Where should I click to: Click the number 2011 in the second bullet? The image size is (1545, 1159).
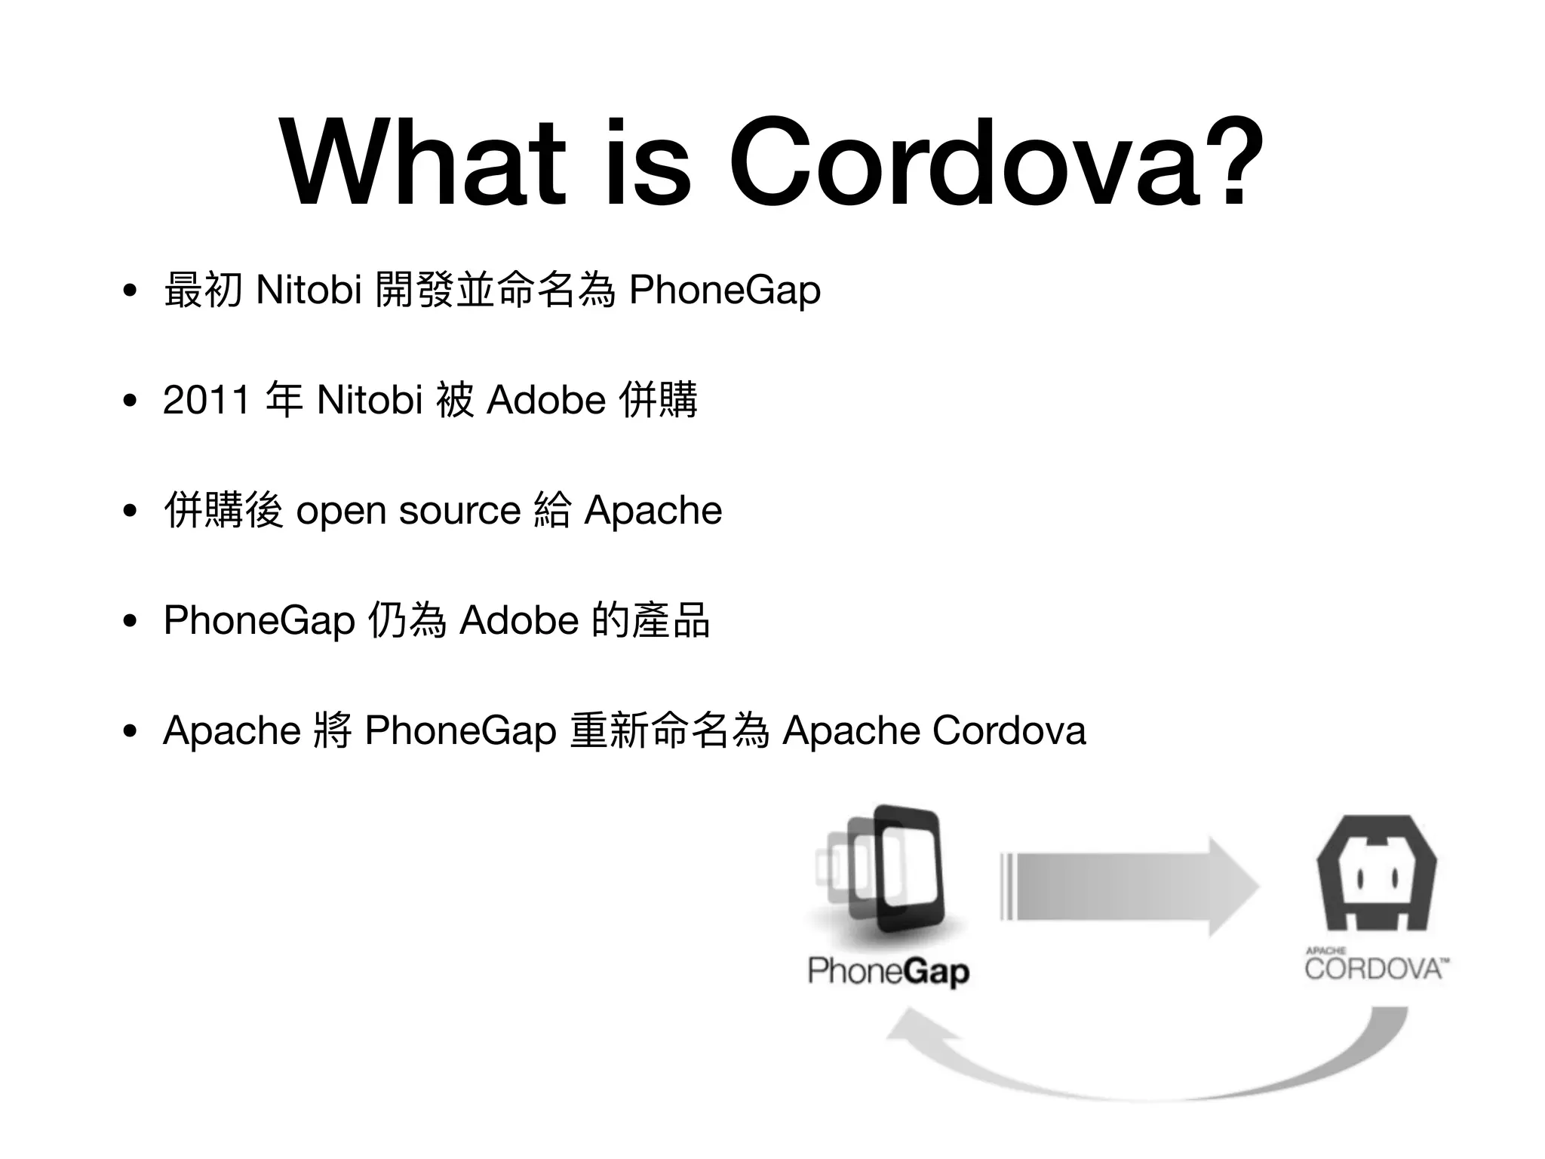point(206,400)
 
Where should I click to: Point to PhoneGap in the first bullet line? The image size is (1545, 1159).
point(724,291)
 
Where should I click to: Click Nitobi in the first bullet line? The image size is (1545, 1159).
point(309,290)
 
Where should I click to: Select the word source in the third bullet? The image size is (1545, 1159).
point(459,511)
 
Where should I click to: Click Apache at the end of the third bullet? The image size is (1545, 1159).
point(653,511)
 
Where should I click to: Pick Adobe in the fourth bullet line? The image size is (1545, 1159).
point(519,621)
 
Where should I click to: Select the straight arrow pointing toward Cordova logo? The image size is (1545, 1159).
point(1129,887)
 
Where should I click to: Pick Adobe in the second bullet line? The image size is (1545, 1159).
point(546,400)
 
